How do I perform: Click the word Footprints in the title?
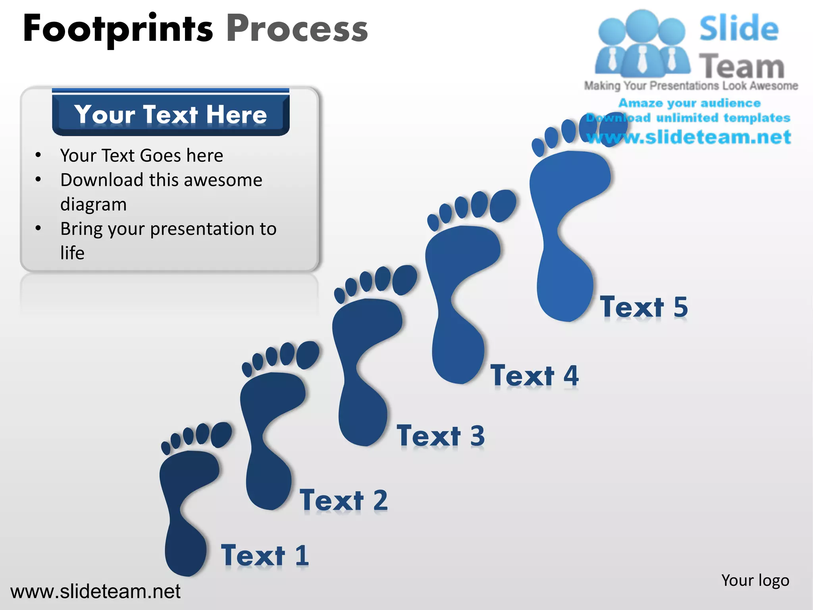pos(118,29)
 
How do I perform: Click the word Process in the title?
pos(297,29)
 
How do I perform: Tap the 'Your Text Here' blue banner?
pos(171,114)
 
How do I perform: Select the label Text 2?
pos(343,500)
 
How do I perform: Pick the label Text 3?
pos(441,436)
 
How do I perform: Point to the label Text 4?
pos(534,375)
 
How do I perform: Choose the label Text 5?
pos(644,307)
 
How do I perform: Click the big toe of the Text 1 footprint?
pos(221,434)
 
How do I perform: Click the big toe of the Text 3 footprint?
pos(405,280)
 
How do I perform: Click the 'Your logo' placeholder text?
pos(755,580)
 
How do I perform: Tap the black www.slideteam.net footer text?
pos(95,591)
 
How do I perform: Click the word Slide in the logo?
pos(738,29)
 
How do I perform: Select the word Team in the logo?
pos(742,66)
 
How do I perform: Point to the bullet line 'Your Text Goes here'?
pos(141,155)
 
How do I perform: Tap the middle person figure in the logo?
pos(642,44)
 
